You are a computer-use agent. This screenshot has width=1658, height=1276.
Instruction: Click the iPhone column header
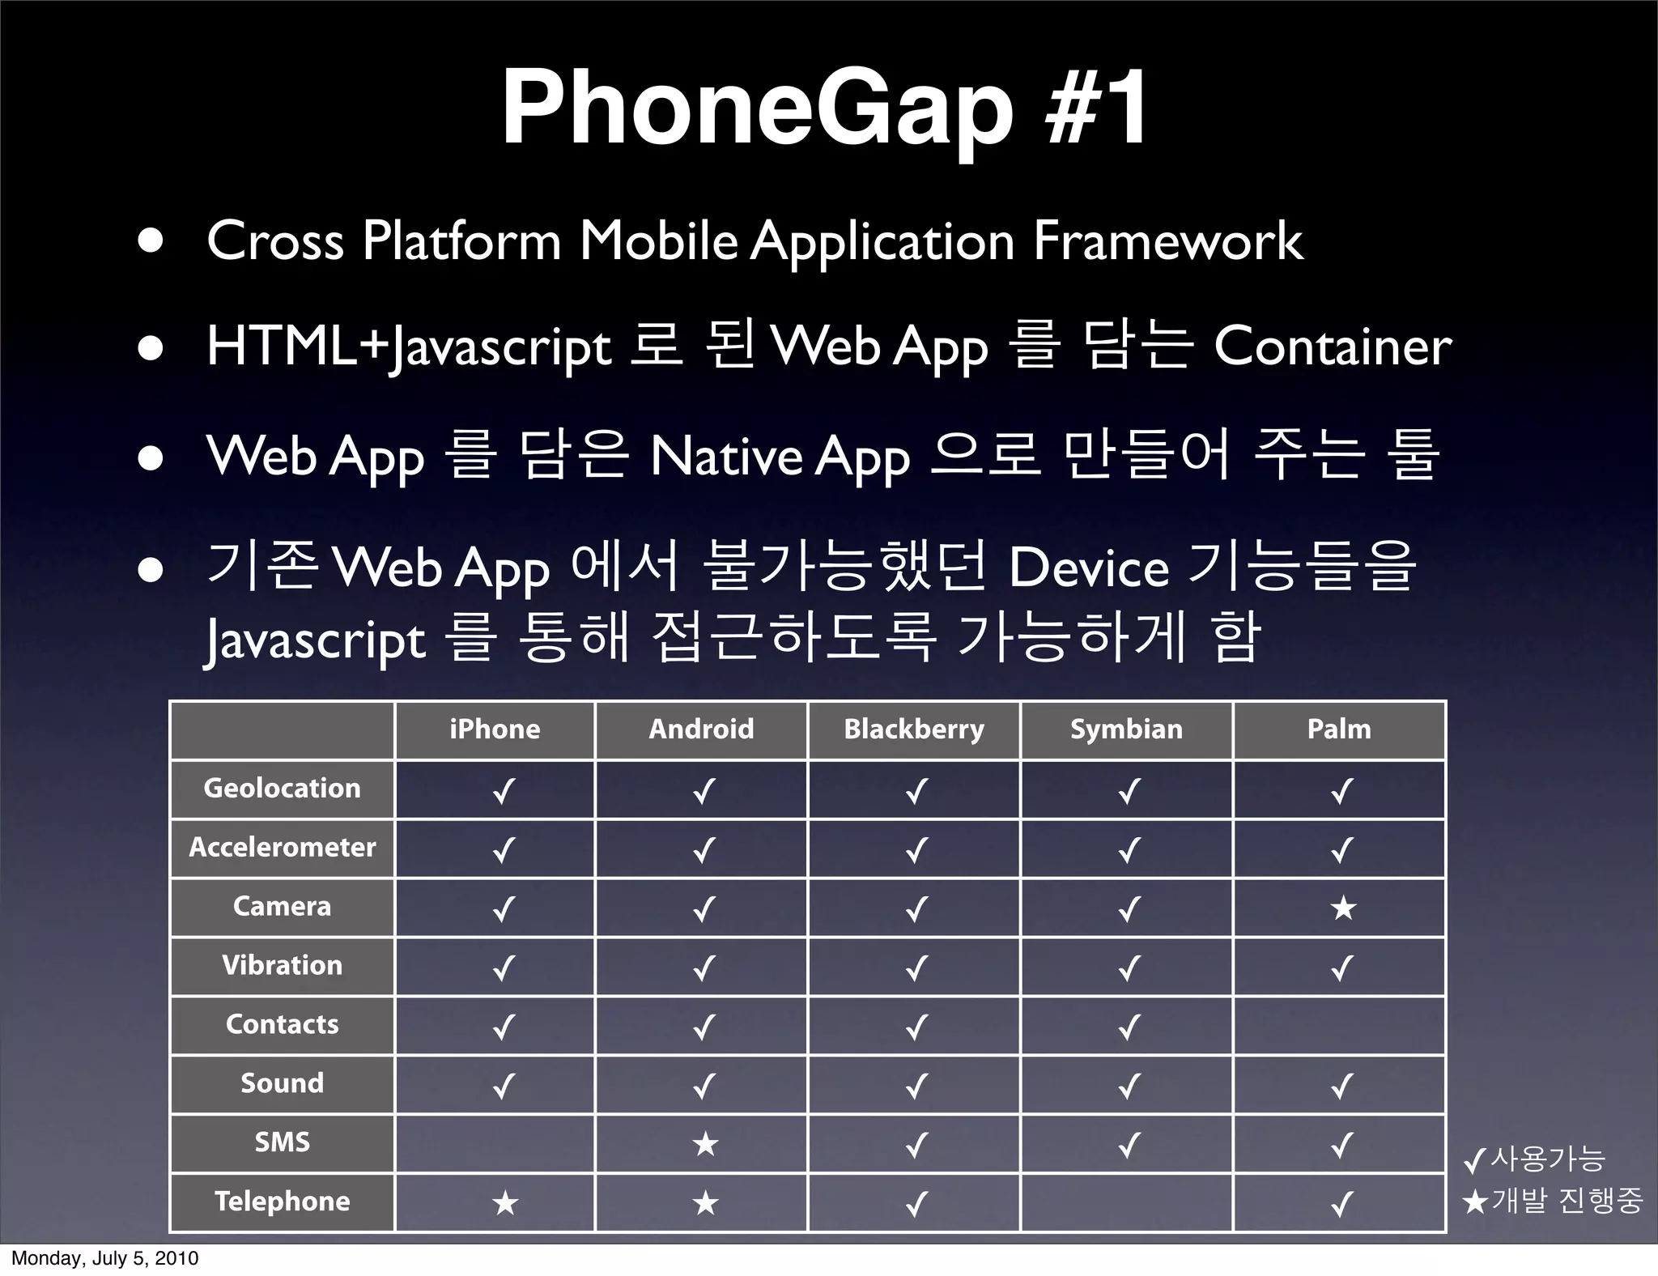tap(495, 729)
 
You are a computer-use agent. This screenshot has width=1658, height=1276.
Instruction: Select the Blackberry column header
tap(914, 729)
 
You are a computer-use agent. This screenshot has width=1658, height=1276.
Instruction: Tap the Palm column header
tap(1339, 729)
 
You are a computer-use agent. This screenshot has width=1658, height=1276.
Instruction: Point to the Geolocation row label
tap(282, 789)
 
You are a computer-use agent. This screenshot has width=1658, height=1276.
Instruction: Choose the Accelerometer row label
tap(282, 848)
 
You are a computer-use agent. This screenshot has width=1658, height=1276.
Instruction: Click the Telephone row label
tap(282, 1202)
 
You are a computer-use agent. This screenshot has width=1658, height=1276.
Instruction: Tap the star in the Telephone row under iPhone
tap(504, 1203)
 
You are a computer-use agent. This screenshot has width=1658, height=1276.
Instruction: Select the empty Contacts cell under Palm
tap(1339, 1025)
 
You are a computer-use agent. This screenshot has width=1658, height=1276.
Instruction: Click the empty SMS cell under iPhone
tap(495, 1143)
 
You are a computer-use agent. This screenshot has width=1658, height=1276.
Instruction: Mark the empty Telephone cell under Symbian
tap(1126, 1202)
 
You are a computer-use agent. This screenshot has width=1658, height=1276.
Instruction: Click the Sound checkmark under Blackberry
tap(916, 1086)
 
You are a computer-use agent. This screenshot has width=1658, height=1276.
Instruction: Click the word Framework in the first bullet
tap(1167, 241)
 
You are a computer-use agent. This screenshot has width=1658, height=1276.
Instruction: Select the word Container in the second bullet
tap(1333, 347)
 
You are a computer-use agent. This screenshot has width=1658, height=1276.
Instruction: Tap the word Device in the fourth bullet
tap(1088, 568)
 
